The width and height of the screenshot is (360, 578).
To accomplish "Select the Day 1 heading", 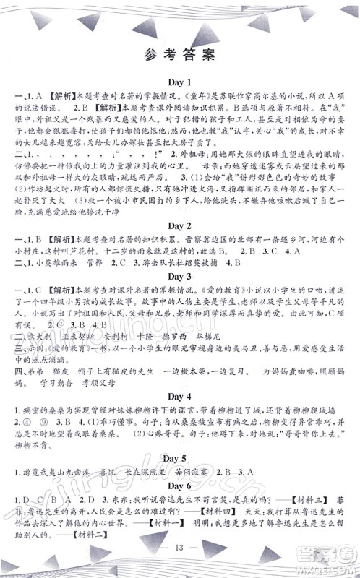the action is [x=179, y=83].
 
